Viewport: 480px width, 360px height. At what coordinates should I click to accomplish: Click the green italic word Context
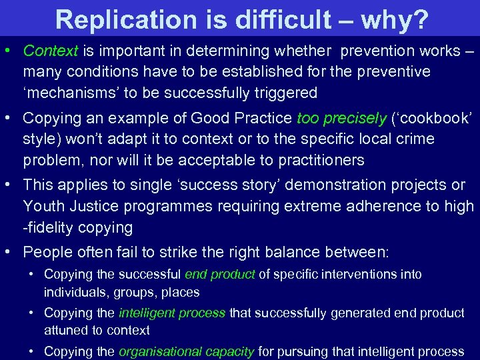coord(51,51)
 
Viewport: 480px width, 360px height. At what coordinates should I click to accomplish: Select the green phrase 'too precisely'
coord(341,119)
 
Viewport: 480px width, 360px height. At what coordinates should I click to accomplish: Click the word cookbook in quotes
coord(437,119)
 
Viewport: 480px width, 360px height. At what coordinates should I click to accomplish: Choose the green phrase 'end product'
coord(219,274)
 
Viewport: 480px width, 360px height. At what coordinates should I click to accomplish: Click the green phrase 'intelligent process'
coord(172,313)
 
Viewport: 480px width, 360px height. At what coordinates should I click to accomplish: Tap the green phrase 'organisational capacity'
coord(186,351)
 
